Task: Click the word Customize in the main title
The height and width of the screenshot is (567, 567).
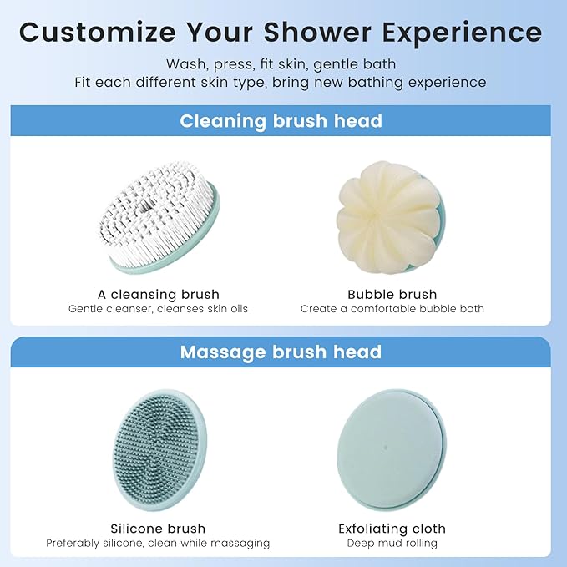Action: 97,32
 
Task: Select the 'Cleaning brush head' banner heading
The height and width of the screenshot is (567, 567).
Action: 281,120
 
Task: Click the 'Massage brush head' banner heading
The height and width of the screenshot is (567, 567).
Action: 281,352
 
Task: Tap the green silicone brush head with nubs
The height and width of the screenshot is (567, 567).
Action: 159,451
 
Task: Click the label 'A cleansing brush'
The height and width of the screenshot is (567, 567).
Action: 158,294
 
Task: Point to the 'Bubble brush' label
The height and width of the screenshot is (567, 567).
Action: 392,294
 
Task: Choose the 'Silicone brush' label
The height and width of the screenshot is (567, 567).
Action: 158,528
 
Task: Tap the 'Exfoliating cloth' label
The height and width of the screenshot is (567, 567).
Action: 392,528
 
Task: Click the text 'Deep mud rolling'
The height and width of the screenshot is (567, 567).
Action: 392,543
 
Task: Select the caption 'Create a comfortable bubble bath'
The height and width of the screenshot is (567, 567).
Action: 392,309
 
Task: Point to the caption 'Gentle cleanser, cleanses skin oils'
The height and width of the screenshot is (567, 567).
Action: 158,309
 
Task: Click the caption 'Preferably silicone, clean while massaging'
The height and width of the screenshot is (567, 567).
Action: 158,543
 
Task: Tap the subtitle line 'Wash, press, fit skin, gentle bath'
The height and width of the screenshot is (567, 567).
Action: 281,64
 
